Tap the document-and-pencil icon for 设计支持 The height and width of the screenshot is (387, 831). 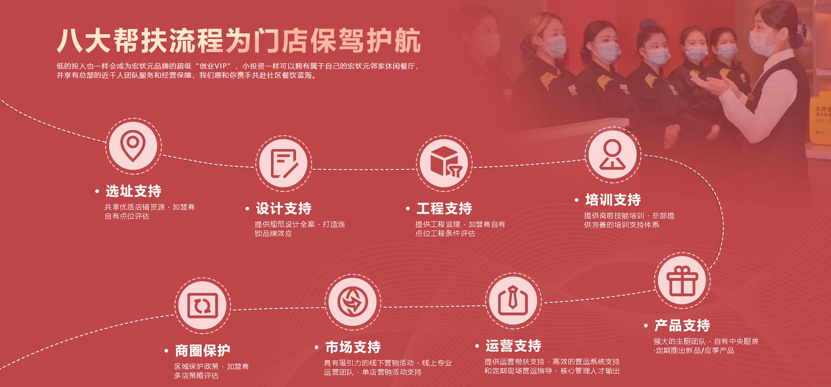[284, 163]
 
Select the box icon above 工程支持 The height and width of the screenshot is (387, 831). [445, 162]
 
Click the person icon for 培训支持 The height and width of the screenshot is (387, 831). [612, 154]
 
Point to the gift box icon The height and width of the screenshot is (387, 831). [682, 281]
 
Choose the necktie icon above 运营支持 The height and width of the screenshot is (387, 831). [513, 300]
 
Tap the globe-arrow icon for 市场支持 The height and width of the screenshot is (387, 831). [353, 302]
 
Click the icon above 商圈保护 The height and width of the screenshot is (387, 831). [203, 306]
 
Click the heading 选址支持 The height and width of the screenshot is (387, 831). [134, 191]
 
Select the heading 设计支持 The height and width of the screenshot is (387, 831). [284, 208]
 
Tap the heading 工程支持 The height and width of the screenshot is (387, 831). [444, 208]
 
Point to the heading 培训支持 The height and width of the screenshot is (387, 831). [613, 200]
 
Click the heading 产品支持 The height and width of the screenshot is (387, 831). [683, 325]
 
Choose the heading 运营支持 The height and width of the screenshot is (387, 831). [514, 346]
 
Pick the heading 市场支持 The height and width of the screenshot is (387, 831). [353, 347]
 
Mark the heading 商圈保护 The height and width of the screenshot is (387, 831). [203, 350]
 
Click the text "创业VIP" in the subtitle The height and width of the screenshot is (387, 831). [213, 66]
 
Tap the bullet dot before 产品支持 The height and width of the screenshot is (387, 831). [646, 326]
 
